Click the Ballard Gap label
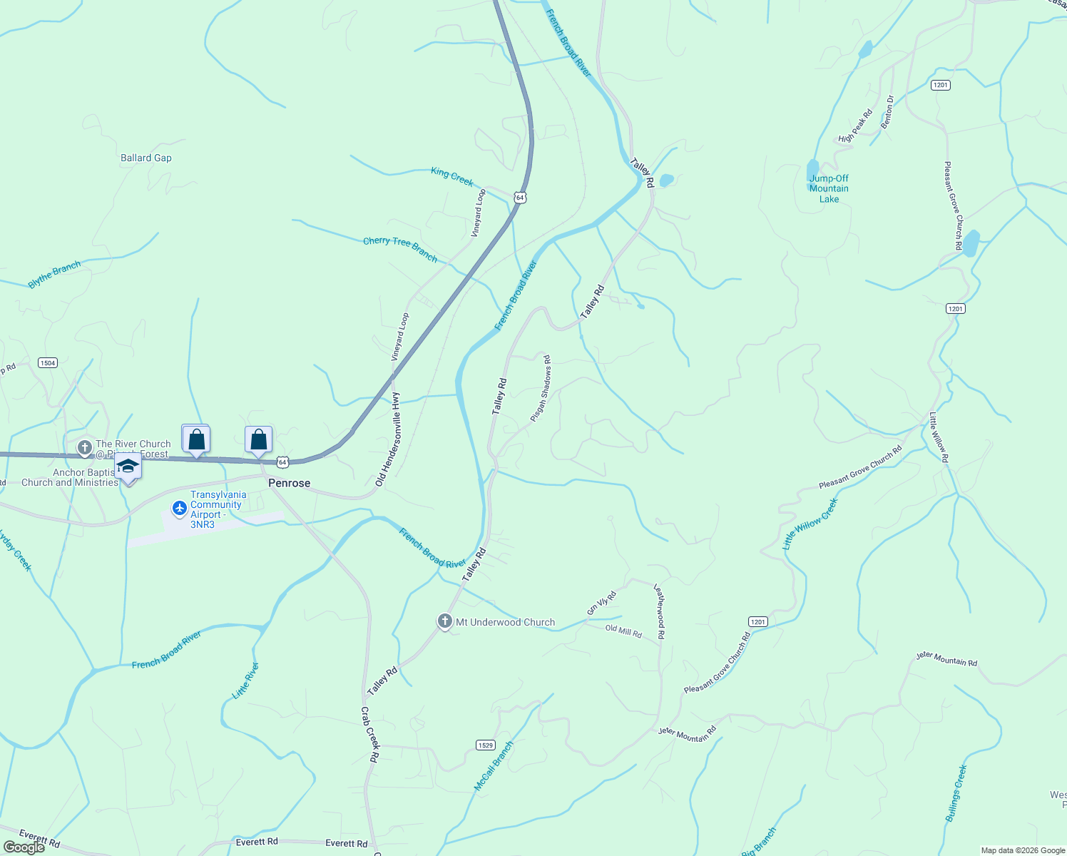click(x=146, y=158)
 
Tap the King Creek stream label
click(x=452, y=176)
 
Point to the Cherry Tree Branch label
click(x=400, y=249)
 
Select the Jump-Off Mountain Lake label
click(x=829, y=189)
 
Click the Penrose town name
click(x=290, y=483)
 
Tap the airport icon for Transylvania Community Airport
click(x=180, y=508)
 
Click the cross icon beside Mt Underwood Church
click(x=445, y=621)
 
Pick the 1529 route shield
click(x=485, y=745)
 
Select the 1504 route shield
click(x=48, y=363)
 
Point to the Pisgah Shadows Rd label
click(x=541, y=388)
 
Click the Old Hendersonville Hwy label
click(x=389, y=440)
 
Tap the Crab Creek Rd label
click(x=369, y=735)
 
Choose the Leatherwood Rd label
click(x=660, y=611)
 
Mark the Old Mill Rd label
click(x=623, y=631)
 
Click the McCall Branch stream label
click(x=494, y=766)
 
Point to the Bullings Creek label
click(x=957, y=793)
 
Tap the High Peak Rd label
click(x=856, y=126)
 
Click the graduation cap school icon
click(x=128, y=466)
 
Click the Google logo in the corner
click(x=24, y=847)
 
